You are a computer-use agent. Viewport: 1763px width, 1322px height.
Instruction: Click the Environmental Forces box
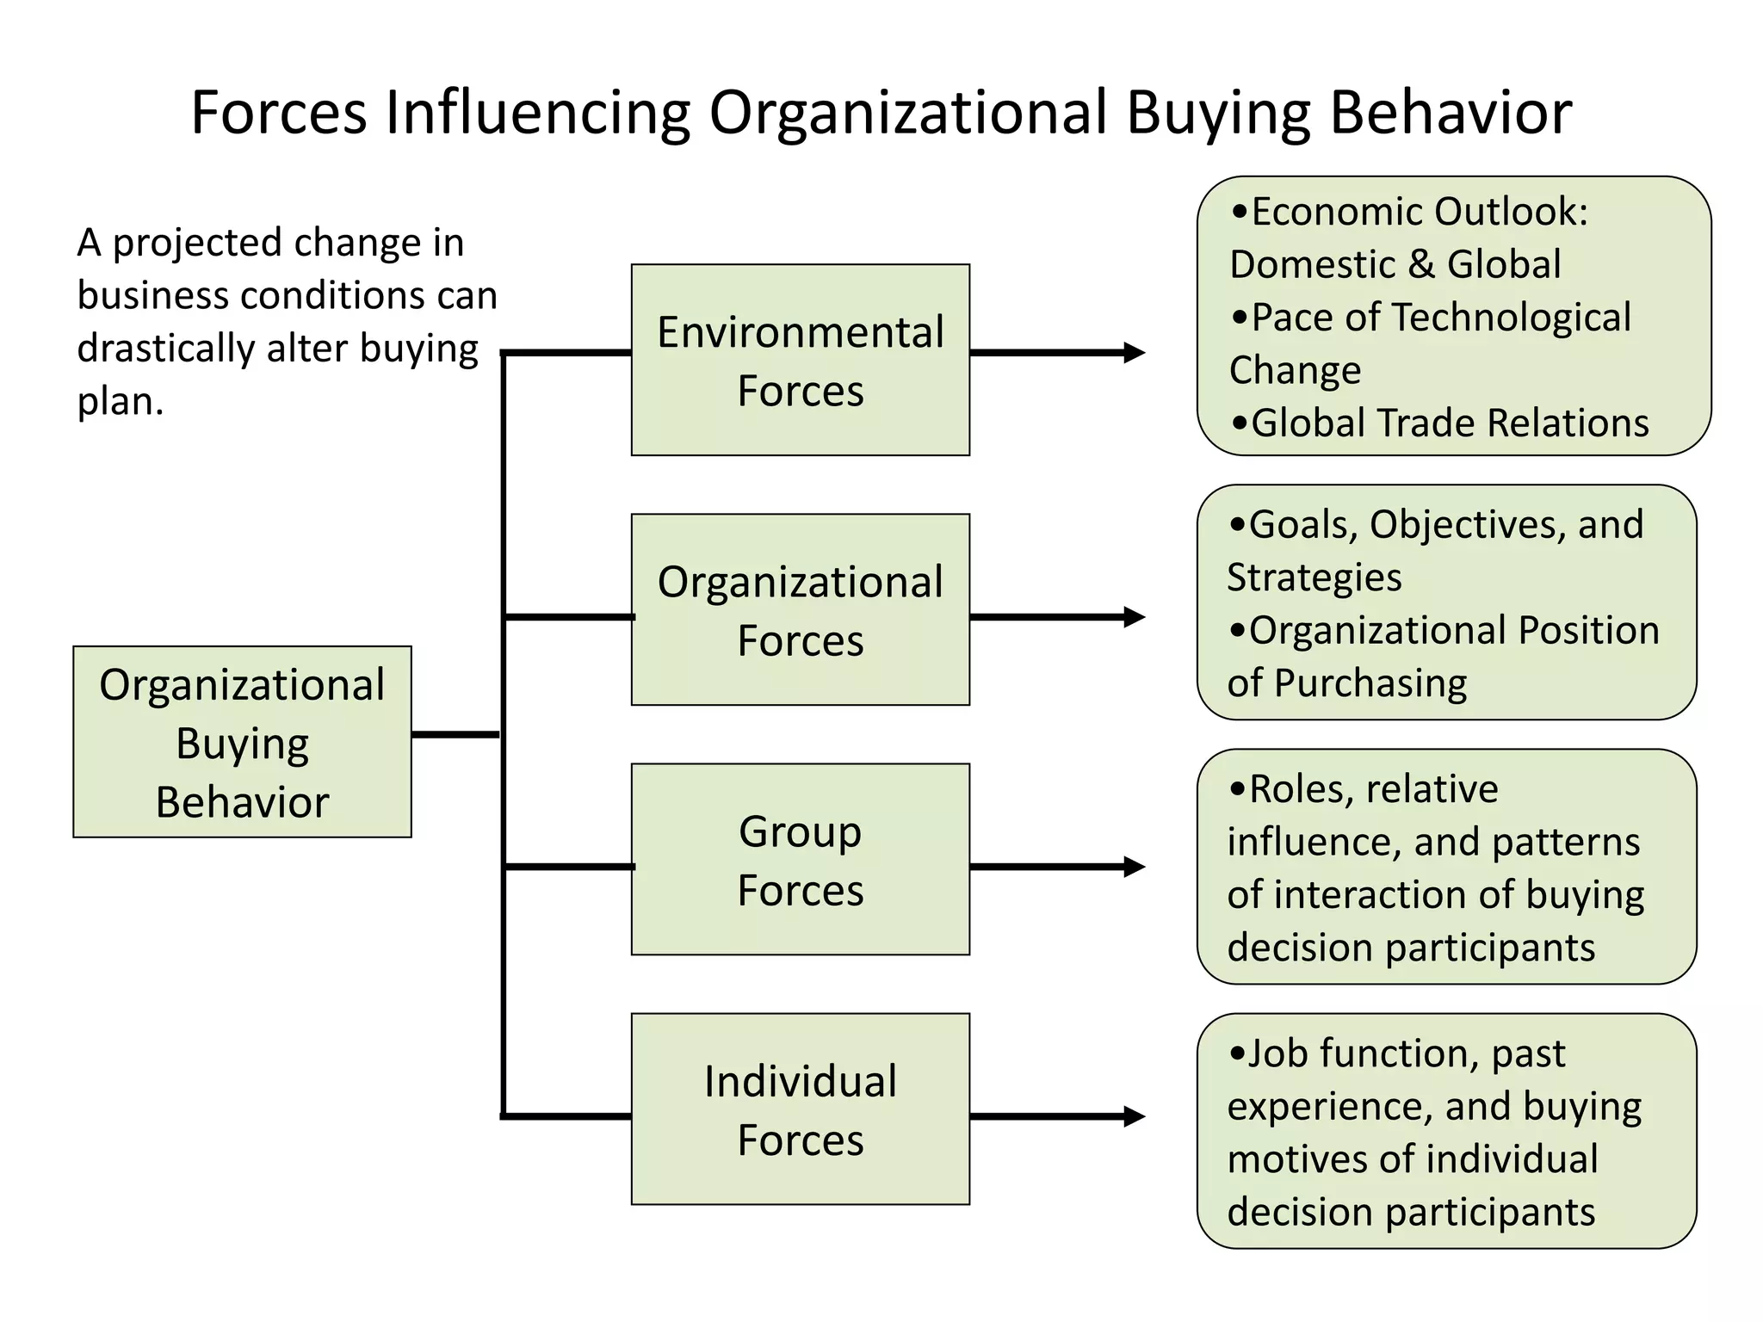point(800,360)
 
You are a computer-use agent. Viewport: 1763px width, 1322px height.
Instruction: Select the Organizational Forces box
point(800,609)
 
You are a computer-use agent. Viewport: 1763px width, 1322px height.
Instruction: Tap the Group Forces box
point(800,859)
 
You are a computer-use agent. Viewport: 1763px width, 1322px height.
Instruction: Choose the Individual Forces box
point(800,1109)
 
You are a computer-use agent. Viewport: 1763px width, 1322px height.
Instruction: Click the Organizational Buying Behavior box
point(242,742)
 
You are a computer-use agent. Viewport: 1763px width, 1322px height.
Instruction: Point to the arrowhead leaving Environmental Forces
point(1135,352)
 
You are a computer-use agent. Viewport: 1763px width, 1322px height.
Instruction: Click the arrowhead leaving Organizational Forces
point(1135,617)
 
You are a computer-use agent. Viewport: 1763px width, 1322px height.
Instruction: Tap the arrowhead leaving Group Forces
point(1135,867)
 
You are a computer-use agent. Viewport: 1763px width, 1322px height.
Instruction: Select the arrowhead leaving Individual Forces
point(1135,1116)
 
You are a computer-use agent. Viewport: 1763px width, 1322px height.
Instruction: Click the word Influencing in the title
point(537,113)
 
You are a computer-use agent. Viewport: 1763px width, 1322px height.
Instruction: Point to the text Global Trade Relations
point(1450,423)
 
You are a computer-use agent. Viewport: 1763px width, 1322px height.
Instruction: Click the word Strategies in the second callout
point(1314,578)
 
